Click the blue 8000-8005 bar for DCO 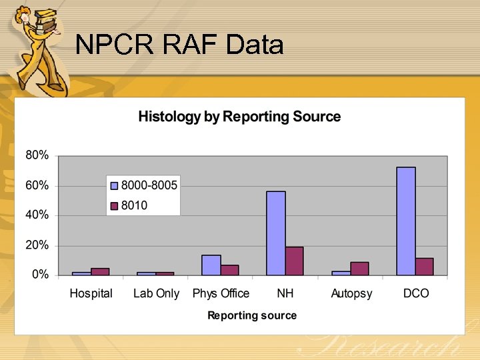406,221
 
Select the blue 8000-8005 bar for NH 276,233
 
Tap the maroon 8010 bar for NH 294,261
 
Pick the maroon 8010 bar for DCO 424,266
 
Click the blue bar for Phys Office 211,265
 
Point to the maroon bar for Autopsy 359,268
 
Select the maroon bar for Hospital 100,271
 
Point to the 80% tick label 37,155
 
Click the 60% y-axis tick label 37,185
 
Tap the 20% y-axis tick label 37,245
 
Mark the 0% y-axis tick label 39,275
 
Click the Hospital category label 91,293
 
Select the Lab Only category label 156,293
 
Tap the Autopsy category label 351,293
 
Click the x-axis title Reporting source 252,315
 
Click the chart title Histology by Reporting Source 239,117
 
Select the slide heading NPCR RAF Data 179,45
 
